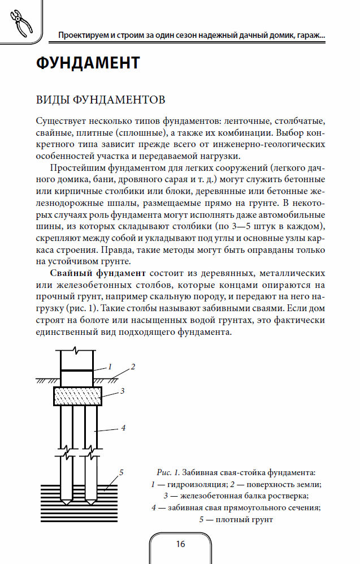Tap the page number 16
[x=180, y=544]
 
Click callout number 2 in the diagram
[x=133, y=366]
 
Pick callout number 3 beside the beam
[x=122, y=390]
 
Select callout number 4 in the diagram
[x=123, y=428]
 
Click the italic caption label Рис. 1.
[x=168, y=472]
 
